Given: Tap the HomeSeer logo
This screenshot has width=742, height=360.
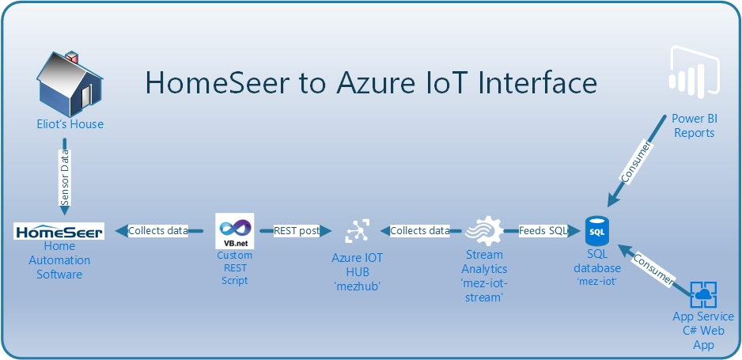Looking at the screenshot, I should click(x=59, y=232).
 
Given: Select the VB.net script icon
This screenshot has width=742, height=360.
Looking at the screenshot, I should click(x=234, y=231).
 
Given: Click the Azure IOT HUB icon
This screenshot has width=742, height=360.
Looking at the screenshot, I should click(x=357, y=232).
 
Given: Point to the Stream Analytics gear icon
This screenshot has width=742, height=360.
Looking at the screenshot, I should click(x=482, y=232).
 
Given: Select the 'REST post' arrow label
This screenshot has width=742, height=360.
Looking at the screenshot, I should click(x=297, y=231).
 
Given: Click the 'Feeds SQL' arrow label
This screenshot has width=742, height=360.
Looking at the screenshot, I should click(x=543, y=231).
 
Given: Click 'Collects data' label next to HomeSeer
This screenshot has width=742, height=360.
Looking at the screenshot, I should click(x=158, y=231).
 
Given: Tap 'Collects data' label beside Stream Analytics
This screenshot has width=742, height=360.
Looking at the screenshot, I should click(x=420, y=231).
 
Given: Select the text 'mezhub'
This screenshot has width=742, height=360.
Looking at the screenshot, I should click(x=357, y=286).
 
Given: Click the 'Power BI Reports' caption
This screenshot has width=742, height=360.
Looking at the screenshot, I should click(x=693, y=126).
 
